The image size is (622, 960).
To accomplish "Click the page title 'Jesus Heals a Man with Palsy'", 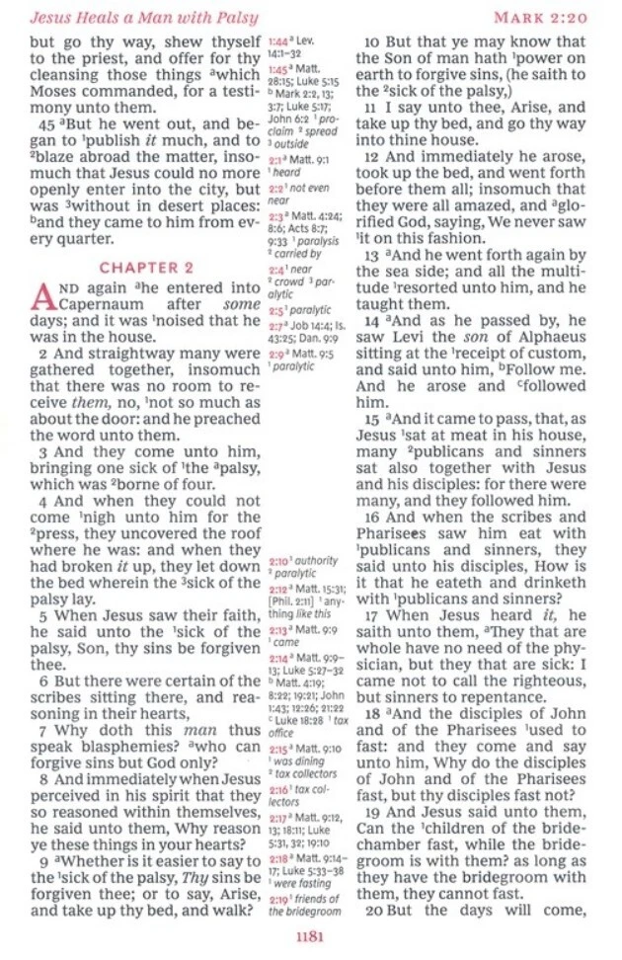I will (144, 18).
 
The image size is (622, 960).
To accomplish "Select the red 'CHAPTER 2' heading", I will (146, 268).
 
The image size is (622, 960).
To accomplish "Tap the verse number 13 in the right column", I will (372, 255).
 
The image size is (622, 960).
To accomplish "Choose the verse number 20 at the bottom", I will (372, 910).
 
